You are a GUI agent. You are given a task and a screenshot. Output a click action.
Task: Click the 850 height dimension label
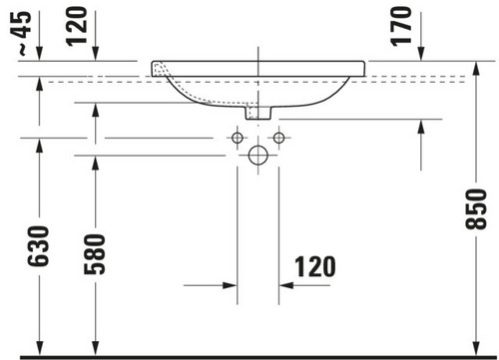476,209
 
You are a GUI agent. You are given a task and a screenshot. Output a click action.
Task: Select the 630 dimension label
38,246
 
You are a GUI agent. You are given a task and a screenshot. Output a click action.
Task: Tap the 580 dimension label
95,254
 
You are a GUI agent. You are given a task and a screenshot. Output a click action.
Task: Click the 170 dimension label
401,26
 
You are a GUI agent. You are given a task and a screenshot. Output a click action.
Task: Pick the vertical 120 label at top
76,26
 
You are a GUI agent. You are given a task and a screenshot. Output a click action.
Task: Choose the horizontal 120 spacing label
315,266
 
